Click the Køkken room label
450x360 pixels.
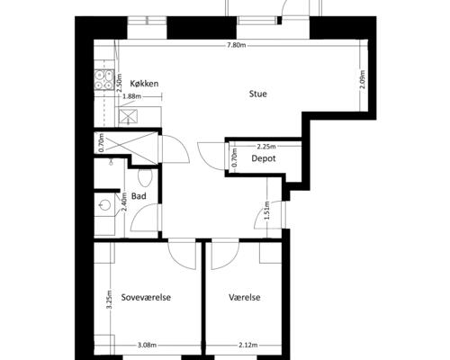[x=144, y=84]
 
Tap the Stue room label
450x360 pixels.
[x=258, y=94]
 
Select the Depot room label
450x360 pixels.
[x=264, y=158]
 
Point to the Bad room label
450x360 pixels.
[x=139, y=196]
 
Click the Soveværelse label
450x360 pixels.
[x=146, y=297]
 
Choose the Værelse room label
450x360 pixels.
[x=245, y=297]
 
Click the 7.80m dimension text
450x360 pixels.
[x=237, y=45]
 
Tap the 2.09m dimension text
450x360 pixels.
[x=363, y=79]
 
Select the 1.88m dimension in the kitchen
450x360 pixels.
[x=132, y=96]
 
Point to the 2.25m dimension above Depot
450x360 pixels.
[x=266, y=147]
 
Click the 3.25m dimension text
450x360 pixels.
[x=110, y=300]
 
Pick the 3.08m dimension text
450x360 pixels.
[x=147, y=345]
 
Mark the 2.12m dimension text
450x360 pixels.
[x=248, y=345]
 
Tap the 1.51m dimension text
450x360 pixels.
[x=267, y=210]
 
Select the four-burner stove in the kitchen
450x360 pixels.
[x=103, y=80]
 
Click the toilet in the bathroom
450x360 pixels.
[x=146, y=177]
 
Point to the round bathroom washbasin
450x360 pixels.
[x=104, y=205]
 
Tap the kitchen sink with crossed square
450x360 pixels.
[x=128, y=116]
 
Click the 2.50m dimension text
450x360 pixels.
[x=120, y=83]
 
